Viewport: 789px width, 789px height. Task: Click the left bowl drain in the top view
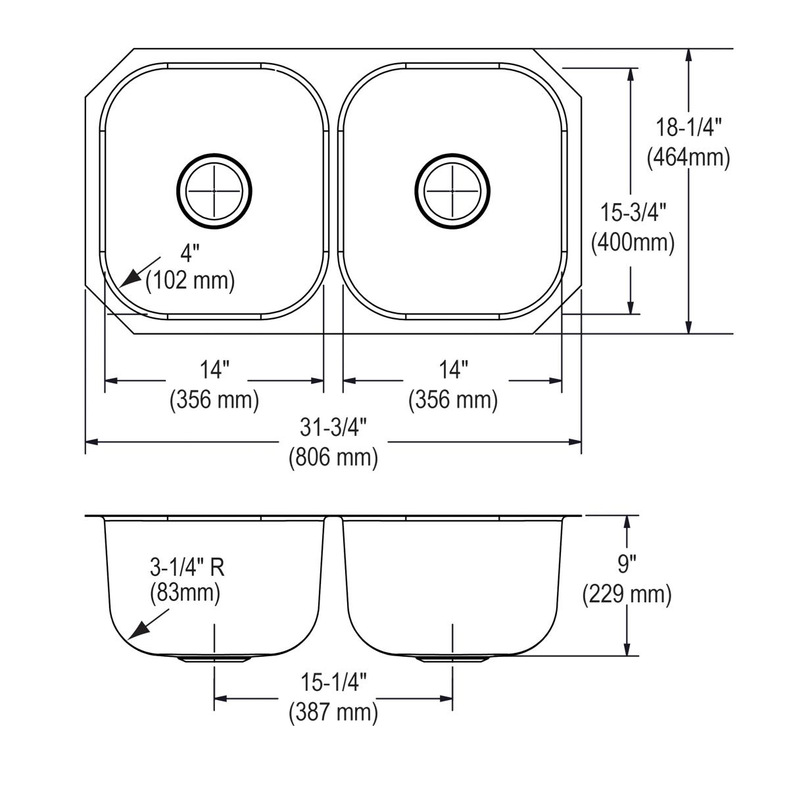[x=214, y=191]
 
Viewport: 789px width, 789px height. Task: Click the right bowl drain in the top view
[x=452, y=191]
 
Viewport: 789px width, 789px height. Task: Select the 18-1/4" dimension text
[x=688, y=127]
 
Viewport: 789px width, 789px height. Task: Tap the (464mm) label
[x=688, y=158]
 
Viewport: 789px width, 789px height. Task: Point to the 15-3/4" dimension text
[x=633, y=212]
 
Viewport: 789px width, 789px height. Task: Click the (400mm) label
[x=633, y=243]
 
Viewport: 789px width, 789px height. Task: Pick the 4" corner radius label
[x=191, y=252]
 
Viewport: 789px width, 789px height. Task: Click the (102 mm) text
[x=191, y=281]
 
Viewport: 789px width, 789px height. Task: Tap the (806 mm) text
[x=333, y=457]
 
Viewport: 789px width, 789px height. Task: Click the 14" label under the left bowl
[x=214, y=370]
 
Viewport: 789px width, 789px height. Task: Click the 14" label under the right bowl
[x=453, y=370]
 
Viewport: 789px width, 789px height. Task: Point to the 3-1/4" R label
[x=187, y=567]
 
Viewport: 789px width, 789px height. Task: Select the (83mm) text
[x=185, y=594]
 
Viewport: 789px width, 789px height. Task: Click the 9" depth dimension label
[x=627, y=564]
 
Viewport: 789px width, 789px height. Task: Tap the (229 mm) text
[x=627, y=594]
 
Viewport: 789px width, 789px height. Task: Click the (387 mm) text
[x=333, y=712]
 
